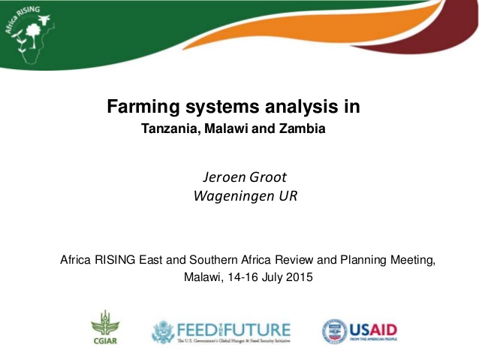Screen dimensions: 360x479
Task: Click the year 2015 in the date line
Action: pyautogui.click(x=298, y=277)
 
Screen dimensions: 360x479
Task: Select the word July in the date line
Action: pyautogui.click(x=267, y=277)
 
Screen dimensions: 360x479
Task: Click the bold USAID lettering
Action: pyautogui.click(x=373, y=329)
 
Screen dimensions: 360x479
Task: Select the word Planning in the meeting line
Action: pyautogui.click(x=366, y=260)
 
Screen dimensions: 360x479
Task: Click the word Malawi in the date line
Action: pyautogui.click(x=202, y=277)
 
